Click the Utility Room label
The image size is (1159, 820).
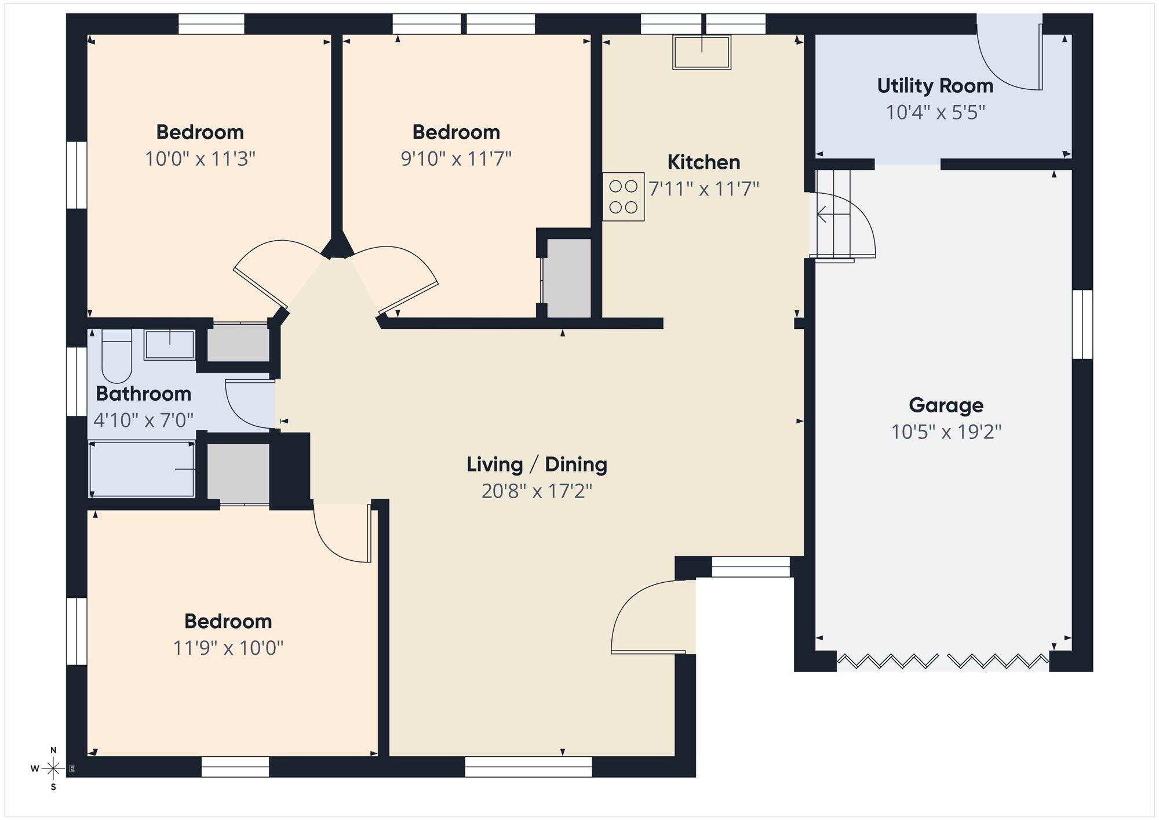coord(935,86)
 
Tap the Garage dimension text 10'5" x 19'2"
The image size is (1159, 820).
coord(946,432)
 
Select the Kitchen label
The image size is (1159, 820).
coord(704,162)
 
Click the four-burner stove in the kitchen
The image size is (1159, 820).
coord(623,197)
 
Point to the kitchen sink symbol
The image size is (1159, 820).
coord(701,53)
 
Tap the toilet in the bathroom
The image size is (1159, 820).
coord(116,355)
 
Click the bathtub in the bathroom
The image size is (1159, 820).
coord(142,469)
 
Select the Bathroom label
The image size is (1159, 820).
coord(143,394)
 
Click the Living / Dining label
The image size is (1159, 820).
coord(537,465)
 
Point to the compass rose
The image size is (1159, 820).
coord(53,769)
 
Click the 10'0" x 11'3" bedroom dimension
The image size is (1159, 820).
coord(200,158)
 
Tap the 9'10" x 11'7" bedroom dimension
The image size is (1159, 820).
coord(456,158)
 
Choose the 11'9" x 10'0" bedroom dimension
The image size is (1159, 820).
coord(228,648)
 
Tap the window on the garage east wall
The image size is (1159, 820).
coord(1082,324)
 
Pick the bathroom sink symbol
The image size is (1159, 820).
coord(169,345)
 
